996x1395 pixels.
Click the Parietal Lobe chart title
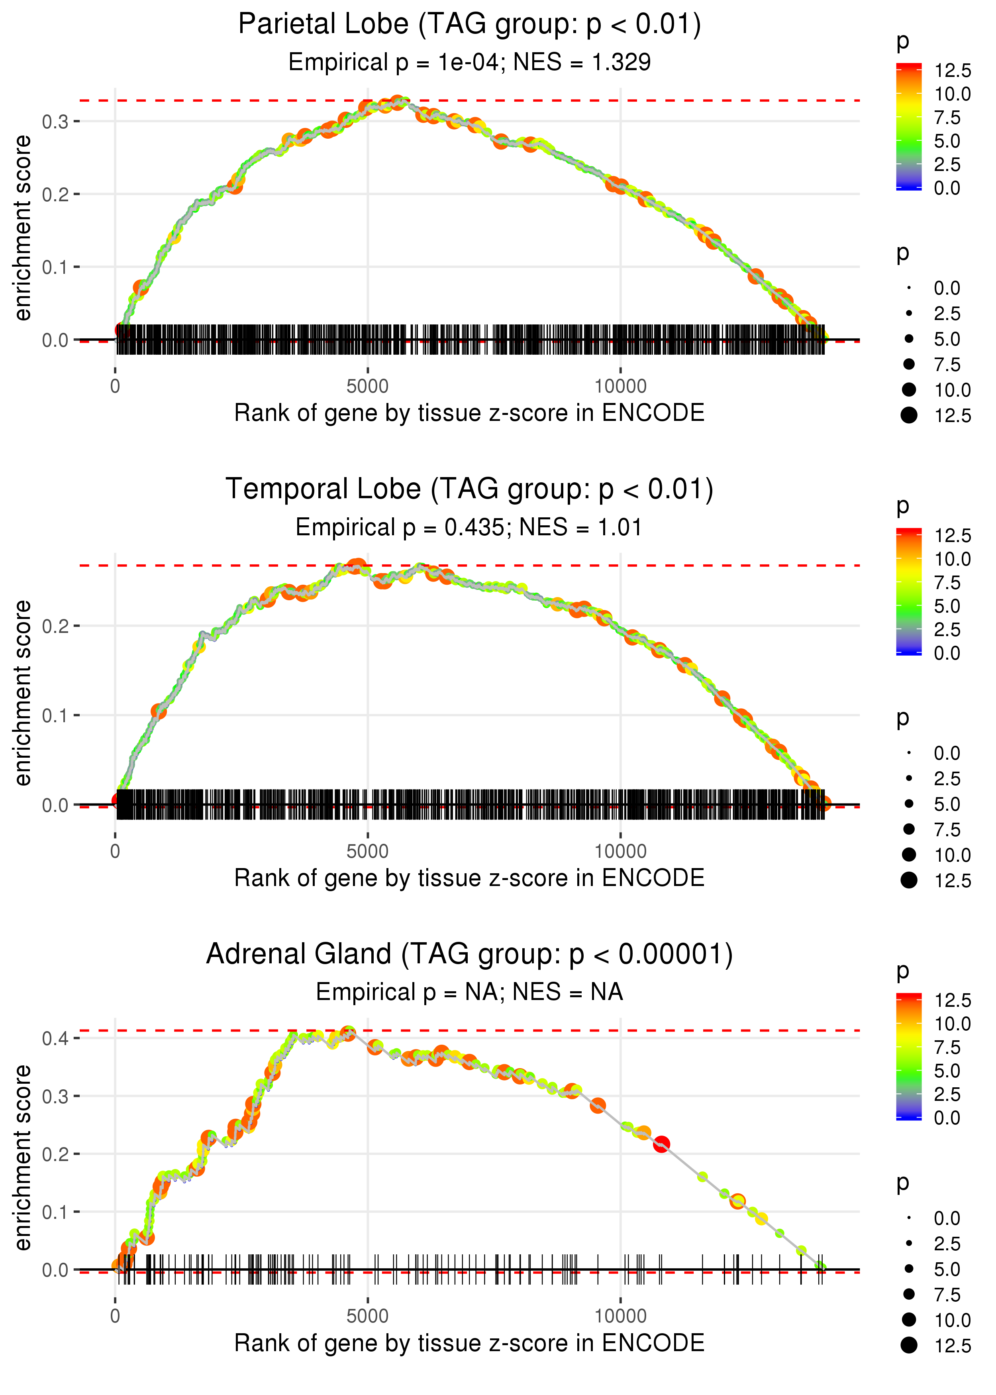tap(469, 25)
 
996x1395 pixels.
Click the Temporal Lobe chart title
tap(469, 489)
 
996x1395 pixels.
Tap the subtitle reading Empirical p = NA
tap(469, 992)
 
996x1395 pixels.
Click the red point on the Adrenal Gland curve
tap(661, 1144)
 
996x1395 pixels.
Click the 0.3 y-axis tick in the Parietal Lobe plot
tap(55, 122)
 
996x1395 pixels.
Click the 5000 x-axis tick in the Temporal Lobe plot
tap(367, 851)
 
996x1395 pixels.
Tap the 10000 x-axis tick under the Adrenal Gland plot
tap(620, 1316)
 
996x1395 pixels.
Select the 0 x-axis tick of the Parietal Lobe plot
tap(115, 387)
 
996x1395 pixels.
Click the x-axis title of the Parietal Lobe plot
tap(469, 413)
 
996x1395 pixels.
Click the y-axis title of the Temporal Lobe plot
tap(23, 693)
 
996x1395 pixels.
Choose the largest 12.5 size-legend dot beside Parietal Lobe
tap(909, 415)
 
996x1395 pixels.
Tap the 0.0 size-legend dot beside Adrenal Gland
tap(909, 1218)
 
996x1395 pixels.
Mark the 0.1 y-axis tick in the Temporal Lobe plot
tap(55, 715)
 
